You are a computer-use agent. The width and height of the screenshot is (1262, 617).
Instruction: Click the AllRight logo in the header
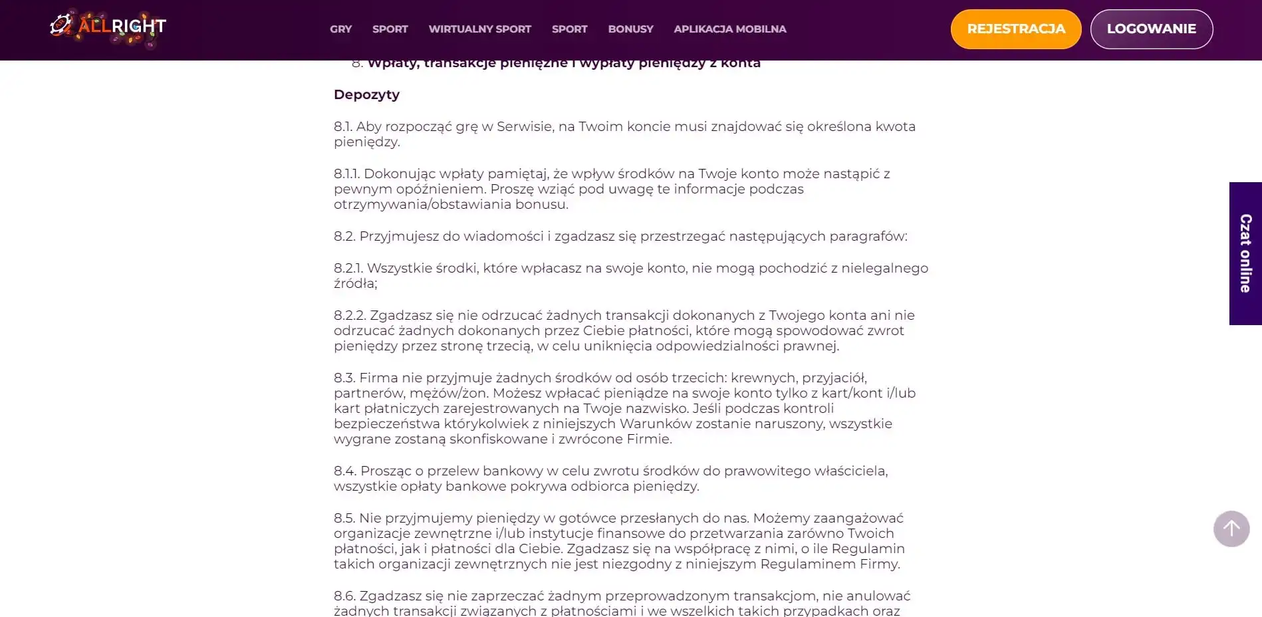coord(108,28)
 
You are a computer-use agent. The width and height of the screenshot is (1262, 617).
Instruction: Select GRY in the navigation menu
coord(340,29)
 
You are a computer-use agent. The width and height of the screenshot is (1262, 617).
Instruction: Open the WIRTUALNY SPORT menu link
coord(479,29)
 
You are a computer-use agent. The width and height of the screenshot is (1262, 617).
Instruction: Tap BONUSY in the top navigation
coord(630,29)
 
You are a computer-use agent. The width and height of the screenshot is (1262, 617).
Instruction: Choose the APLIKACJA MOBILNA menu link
coord(729,29)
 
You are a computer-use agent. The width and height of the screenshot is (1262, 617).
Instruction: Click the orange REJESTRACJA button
coord(1015,29)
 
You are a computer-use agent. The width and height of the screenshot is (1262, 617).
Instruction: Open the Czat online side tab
coord(1245,253)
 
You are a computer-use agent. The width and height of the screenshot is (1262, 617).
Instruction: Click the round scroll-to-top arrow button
coord(1231,529)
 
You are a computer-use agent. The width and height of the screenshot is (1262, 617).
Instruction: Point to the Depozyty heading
coord(366,94)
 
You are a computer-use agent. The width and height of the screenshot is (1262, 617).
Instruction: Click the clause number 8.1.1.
coord(346,174)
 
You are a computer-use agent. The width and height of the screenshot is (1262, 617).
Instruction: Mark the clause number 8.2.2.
coord(350,315)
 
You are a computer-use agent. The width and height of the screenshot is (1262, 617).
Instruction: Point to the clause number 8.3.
coord(344,378)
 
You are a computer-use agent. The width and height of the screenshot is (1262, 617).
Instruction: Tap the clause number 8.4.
coord(345,471)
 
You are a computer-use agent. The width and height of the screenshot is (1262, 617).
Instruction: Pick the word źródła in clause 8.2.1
coord(354,283)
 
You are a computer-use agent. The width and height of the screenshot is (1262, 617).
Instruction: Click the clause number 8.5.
coord(344,518)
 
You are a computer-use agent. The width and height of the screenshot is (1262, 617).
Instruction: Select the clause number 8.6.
coord(344,596)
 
